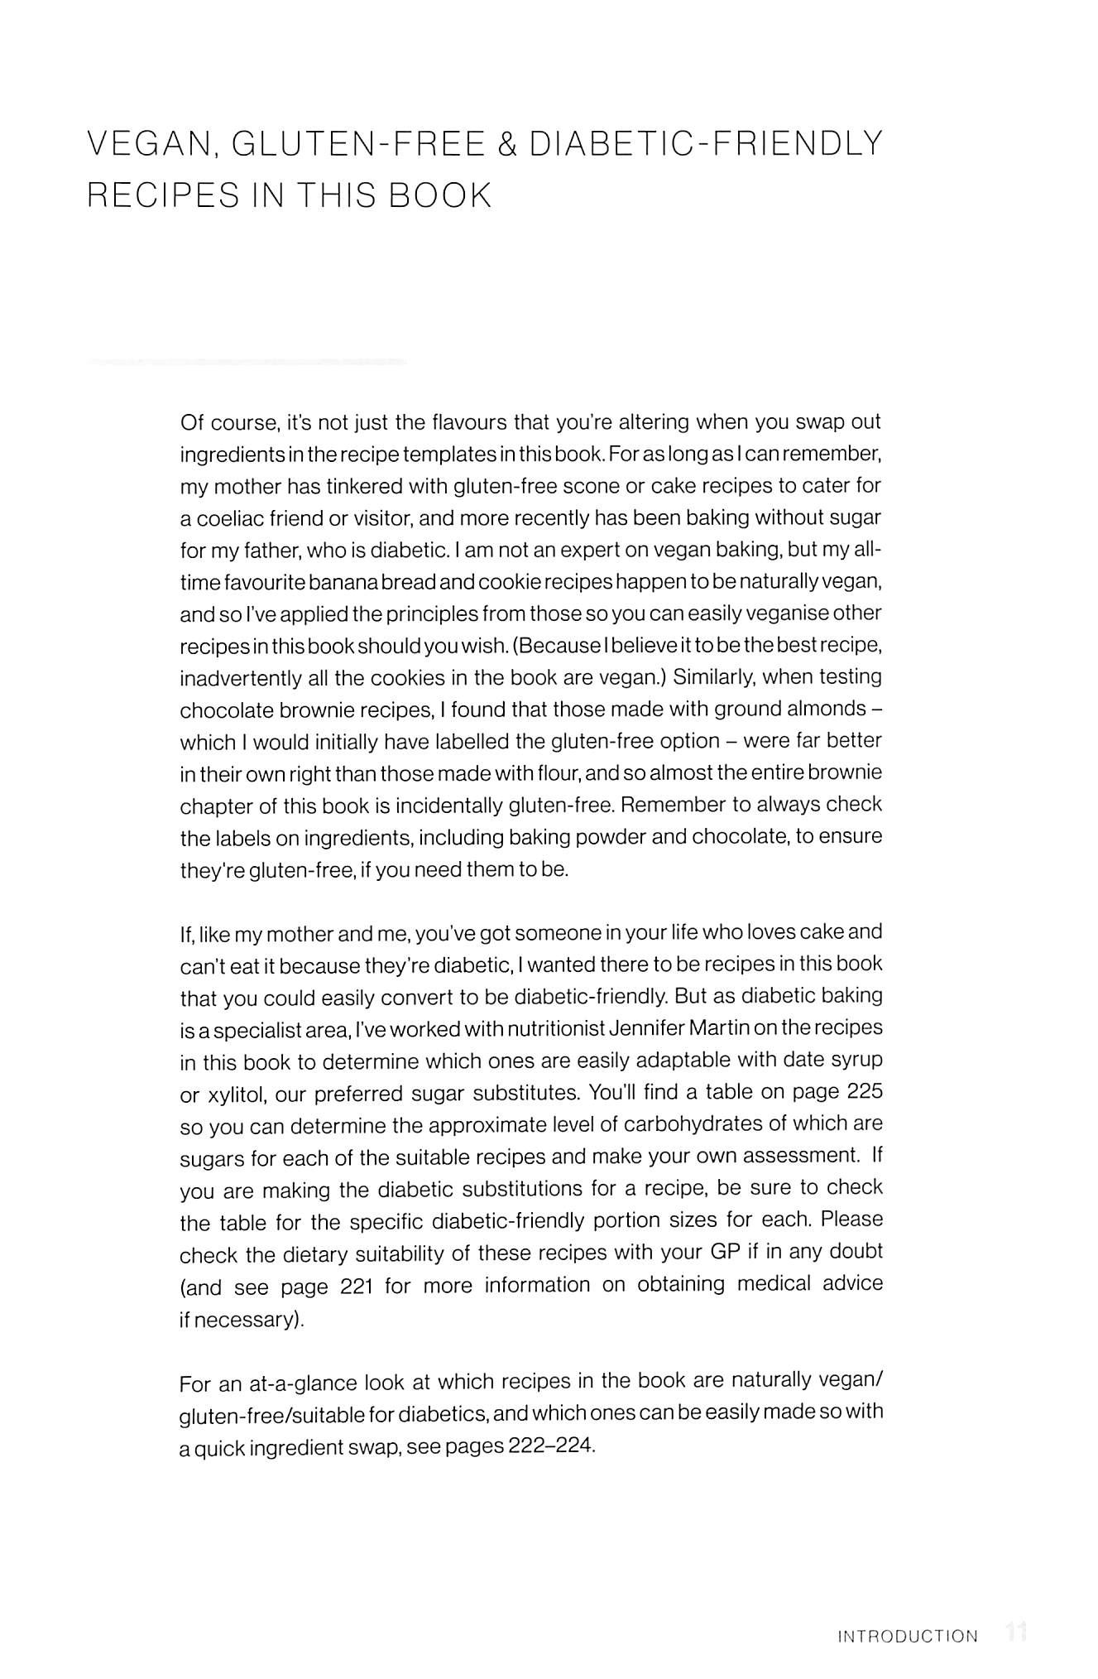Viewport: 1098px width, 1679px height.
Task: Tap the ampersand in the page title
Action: tap(507, 145)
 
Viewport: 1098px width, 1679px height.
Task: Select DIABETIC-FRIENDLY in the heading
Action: tap(706, 145)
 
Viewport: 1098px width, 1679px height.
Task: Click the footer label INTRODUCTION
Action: tap(908, 1637)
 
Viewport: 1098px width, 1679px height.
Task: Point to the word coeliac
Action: tap(225, 518)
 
